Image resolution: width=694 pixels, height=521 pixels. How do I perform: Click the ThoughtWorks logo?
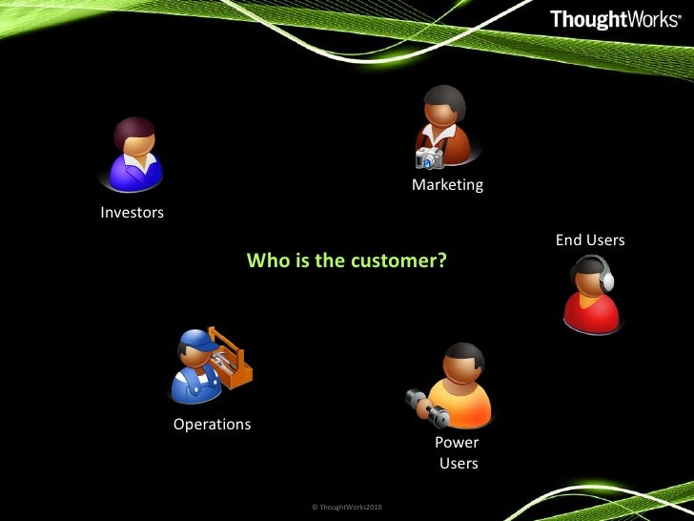[x=615, y=19]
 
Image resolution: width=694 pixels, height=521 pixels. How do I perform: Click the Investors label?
[x=132, y=213]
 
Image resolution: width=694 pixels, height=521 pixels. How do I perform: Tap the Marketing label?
[x=447, y=185]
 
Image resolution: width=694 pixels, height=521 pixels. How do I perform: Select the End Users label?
[x=590, y=240]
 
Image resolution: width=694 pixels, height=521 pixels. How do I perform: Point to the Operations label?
[x=212, y=424]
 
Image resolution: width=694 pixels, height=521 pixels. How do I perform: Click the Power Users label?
[x=458, y=453]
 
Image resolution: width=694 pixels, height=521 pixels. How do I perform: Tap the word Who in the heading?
[x=264, y=260]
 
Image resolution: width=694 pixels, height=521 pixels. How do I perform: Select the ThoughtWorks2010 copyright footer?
[x=347, y=506]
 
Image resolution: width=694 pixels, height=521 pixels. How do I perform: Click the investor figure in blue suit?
[x=134, y=157]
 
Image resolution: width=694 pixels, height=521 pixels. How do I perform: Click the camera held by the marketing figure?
[x=429, y=158]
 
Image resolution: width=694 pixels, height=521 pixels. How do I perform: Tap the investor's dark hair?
[x=133, y=131]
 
